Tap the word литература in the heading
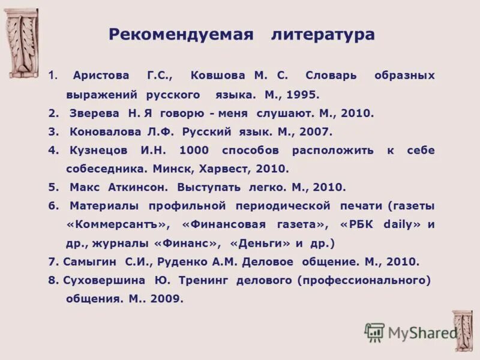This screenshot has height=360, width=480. [322, 35]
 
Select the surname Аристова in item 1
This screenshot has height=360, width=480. [100, 76]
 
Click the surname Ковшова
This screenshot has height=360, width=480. [218, 76]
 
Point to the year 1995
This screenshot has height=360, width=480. [303, 95]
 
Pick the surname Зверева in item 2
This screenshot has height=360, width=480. [92, 113]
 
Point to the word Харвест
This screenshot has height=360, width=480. [230, 169]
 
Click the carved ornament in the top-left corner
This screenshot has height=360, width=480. [22, 43]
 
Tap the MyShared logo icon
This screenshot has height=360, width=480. [374, 332]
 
